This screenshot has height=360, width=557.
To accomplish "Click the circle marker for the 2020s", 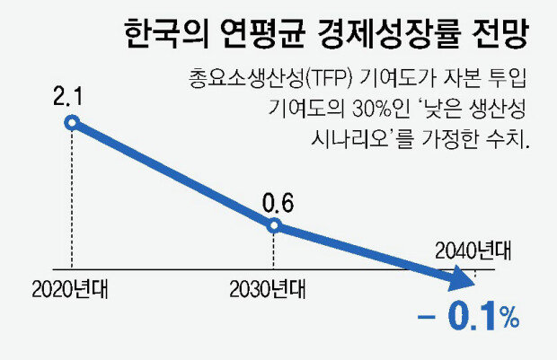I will [x=72, y=121].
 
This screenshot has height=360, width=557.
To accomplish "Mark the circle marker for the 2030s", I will [x=276, y=226].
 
